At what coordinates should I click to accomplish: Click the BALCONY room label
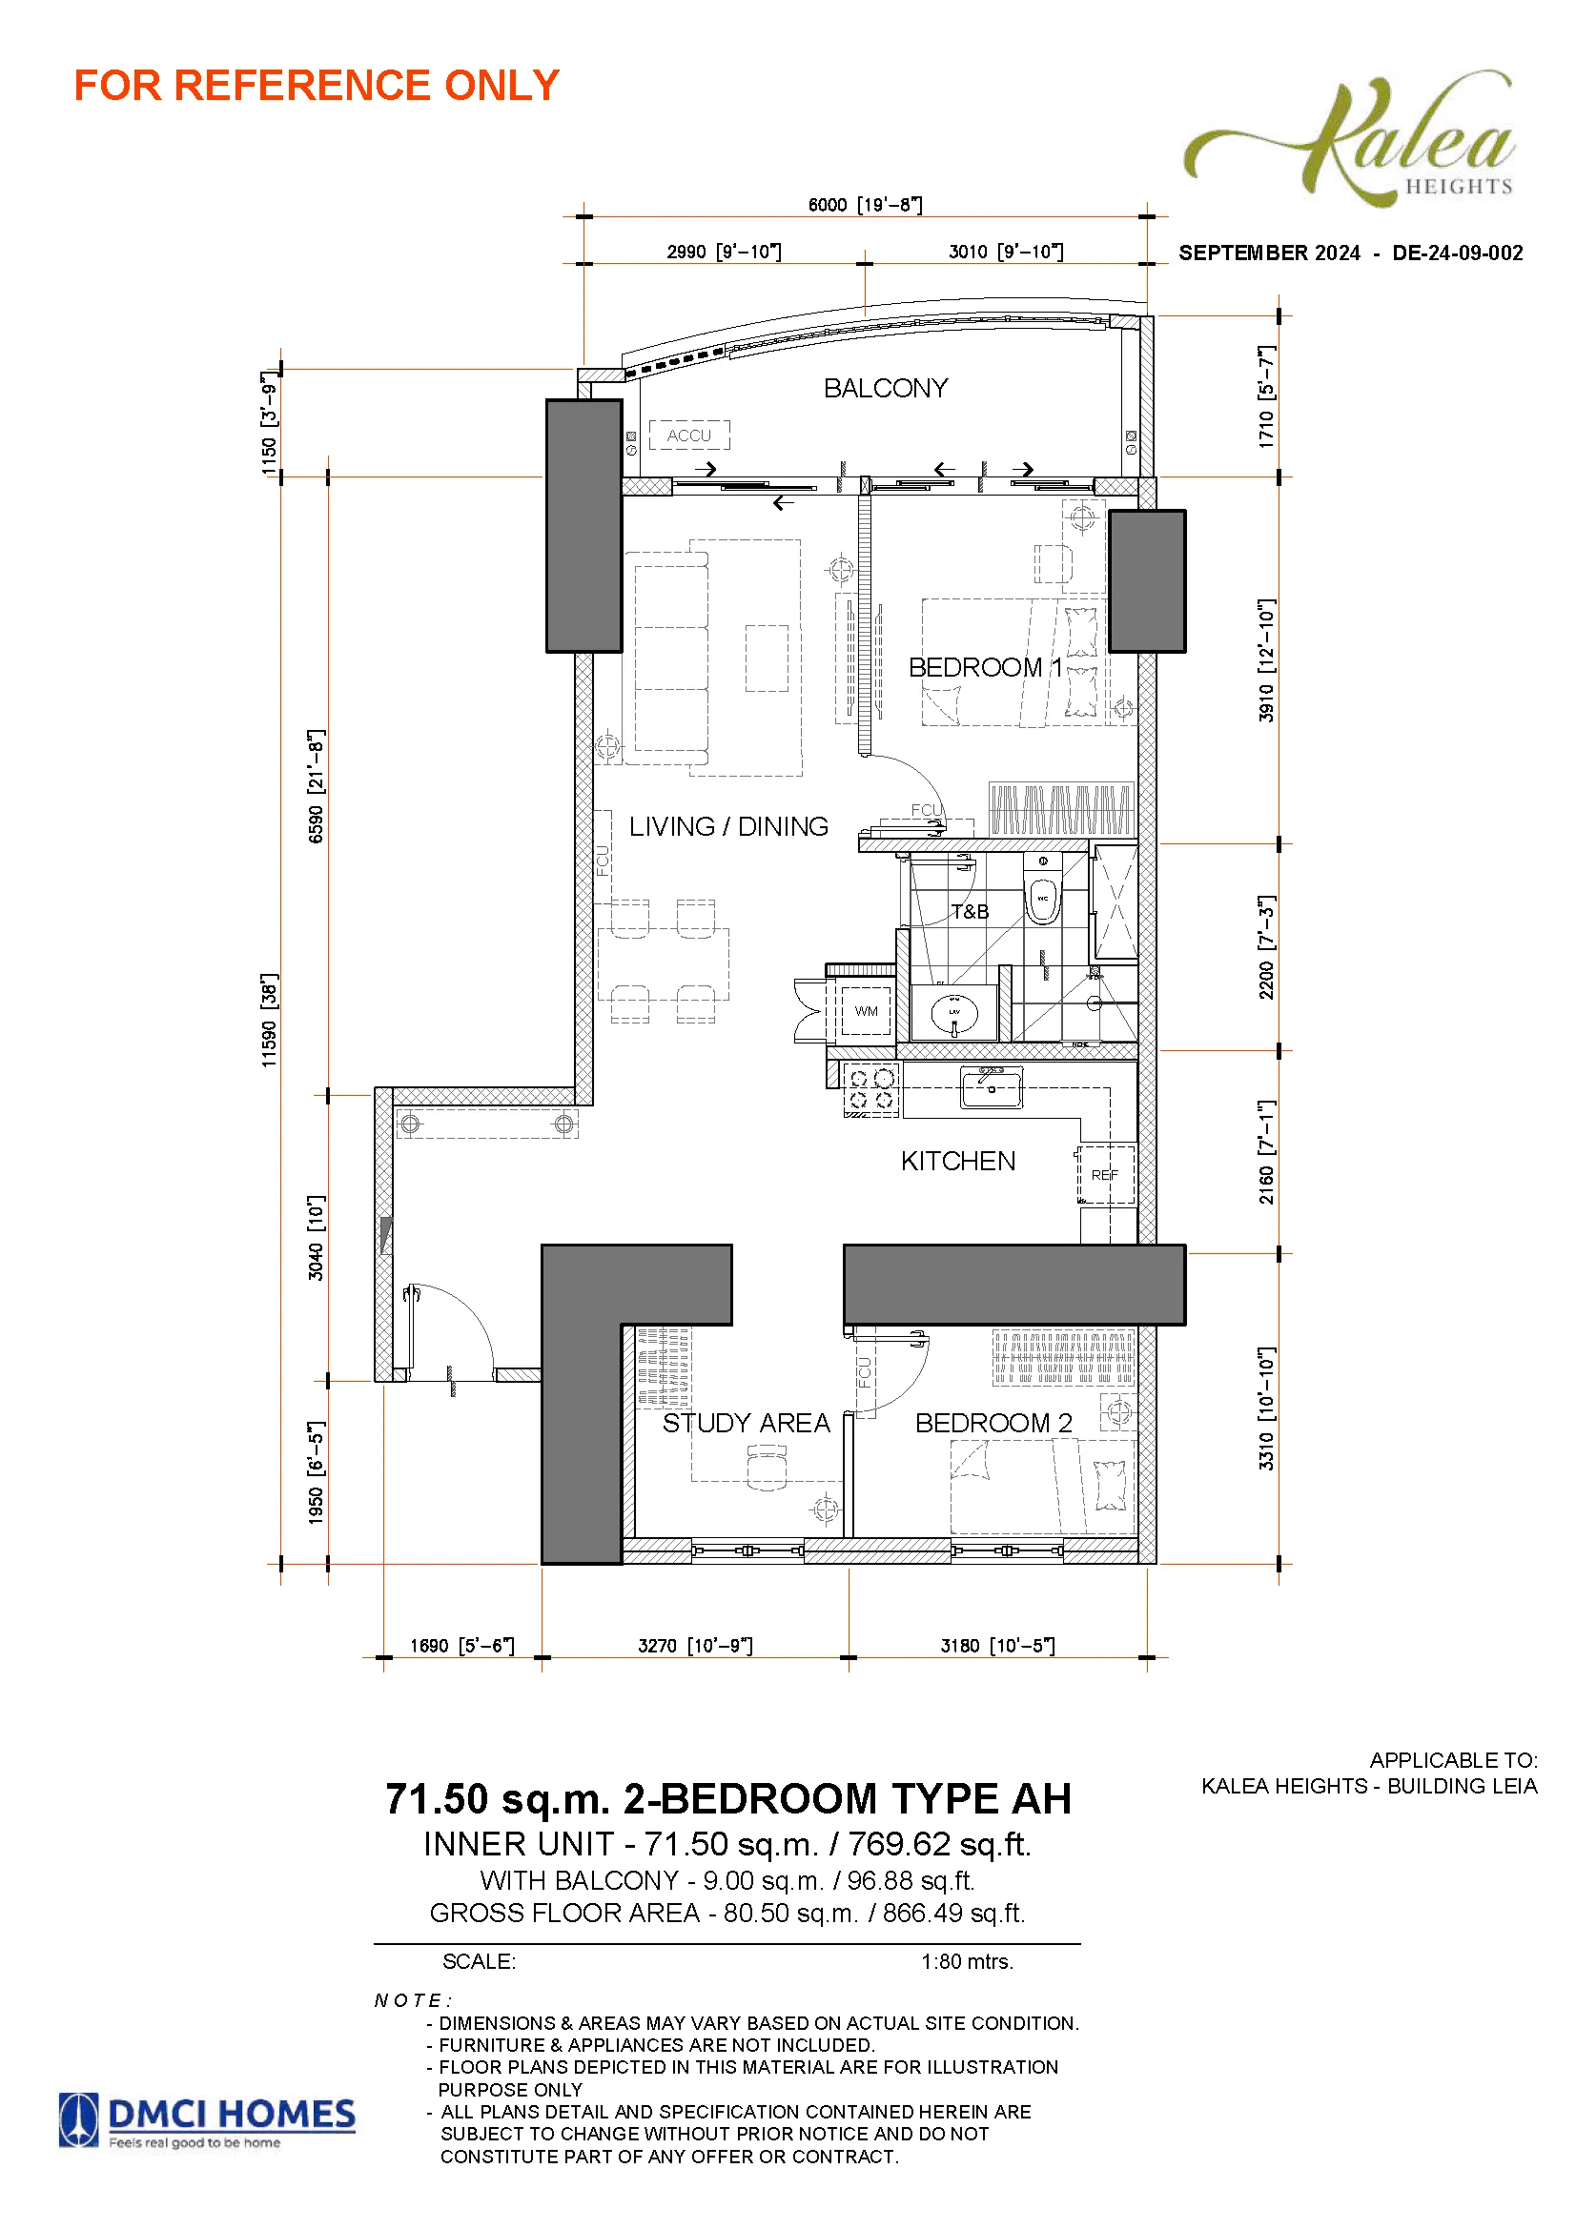click(x=885, y=388)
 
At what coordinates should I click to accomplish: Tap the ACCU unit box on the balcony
click(x=688, y=435)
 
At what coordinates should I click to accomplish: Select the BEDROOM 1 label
click(x=985, y=667)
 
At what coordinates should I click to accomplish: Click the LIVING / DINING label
click(x=728, y=826)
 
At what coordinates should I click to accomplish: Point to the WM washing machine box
click(x=865, y=1010)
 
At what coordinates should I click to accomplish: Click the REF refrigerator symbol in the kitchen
click(x=1105, y=1175)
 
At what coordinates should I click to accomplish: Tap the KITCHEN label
click(x=957, y=1161)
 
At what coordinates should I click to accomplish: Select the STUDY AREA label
click(x=746, y=1423)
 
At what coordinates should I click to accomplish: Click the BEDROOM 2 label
click(x=993, y=1423)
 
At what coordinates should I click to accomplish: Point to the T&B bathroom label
click(x=970, y=912)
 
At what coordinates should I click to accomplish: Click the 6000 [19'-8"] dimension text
click(x=865, y=205)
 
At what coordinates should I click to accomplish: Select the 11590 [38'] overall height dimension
click(x=269, y=1021)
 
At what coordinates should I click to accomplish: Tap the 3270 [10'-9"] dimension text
click(x=695, y=1646)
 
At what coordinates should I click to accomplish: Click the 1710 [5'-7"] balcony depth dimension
click(x=1266, y=396)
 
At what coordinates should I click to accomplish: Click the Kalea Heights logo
click(x=1349, y=137)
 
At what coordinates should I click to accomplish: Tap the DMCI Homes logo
click(x=207, y=2120)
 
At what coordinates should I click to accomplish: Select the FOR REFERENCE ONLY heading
click(x=317, y=86)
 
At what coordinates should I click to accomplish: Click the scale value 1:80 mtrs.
click(x=967, y=1961)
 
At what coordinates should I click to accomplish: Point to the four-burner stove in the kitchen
click(x=871, y=1090)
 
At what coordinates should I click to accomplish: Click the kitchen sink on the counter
click(x=991, y=1087)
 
